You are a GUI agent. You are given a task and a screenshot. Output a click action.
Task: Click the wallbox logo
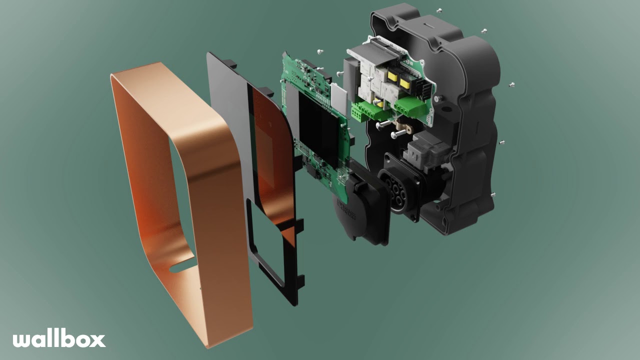(59, 339)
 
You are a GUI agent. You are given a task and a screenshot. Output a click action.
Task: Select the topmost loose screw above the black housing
(439, 10)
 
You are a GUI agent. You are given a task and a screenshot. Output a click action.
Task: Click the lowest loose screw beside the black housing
(493, 194)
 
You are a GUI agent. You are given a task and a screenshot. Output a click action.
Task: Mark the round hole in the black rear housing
(442, 99)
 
